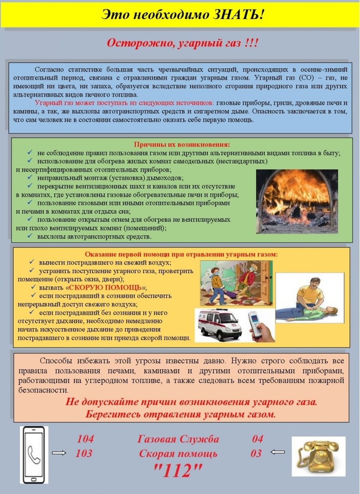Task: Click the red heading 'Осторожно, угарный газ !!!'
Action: click(x=183, y=43)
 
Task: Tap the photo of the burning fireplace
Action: click(x=297, y=201)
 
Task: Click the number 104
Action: click(x=85, y=439)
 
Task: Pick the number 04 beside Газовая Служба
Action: click(x=257, y=439)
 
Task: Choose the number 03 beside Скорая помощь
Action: click(x=256, y=453)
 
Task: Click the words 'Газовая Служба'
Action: click(x=178, y=439)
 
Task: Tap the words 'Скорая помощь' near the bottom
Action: click(x=178, y=453)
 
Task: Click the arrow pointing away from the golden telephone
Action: click(x=278, y=452)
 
